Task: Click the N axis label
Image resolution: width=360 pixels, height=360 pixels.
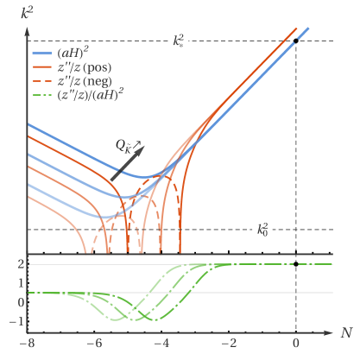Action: pos(344,332)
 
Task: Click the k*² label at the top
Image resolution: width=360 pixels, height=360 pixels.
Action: pos(177,40)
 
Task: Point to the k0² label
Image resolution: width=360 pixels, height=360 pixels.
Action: pos(261,230)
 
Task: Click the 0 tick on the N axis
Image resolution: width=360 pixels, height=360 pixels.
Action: pos(296,344)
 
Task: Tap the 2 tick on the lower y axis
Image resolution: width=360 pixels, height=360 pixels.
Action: pos(19,264)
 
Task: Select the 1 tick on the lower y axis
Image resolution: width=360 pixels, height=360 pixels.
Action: pos(19,283)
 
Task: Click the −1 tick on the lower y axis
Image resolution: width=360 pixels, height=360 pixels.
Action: pos(17,321)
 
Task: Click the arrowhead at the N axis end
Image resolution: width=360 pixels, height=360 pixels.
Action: pos(332,332)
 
